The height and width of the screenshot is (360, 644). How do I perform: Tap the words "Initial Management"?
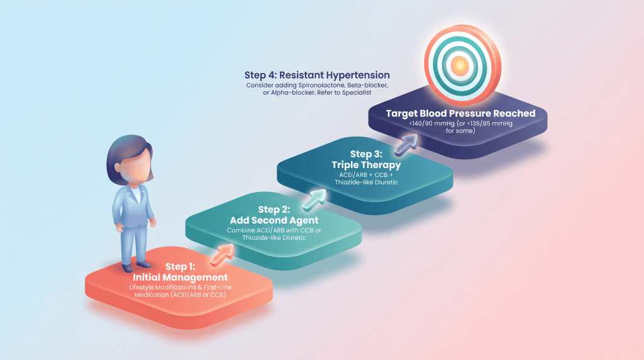[180, 278]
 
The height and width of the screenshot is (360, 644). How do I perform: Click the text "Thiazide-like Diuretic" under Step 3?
[362, 183]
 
